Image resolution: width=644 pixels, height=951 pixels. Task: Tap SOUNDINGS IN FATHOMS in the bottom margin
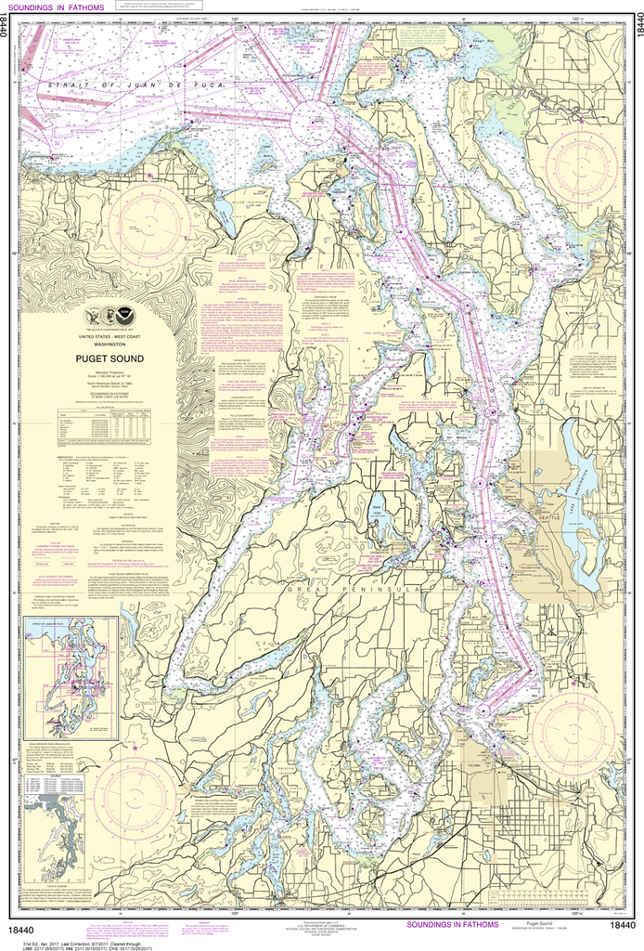click(x=451, y=924)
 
